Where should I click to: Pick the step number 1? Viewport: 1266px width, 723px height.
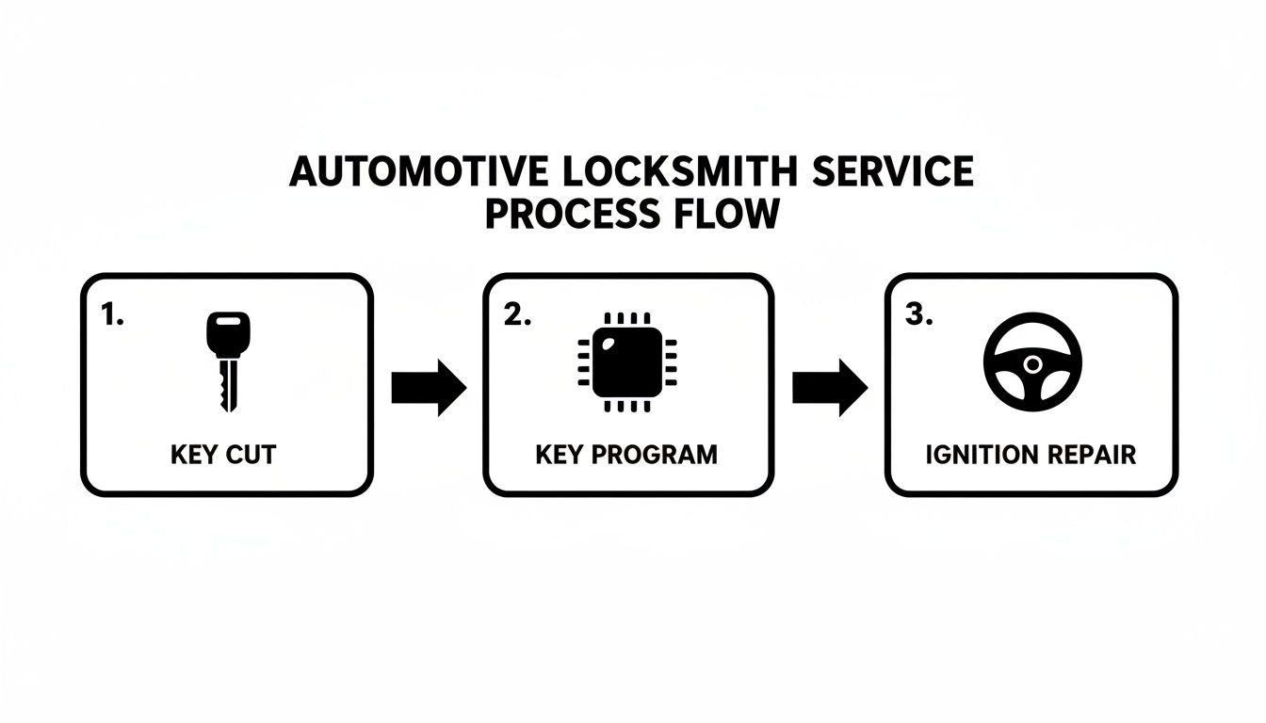[112, 315]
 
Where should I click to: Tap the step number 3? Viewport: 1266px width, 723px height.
[918, 315]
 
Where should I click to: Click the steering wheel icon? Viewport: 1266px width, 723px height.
[1032, 362]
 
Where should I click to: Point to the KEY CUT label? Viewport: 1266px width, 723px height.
[224, 455]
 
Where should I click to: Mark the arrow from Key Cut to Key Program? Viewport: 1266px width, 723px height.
[429, 387]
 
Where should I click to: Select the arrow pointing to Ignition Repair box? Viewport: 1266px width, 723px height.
[829, 387]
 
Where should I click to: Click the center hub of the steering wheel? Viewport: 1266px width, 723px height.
[1033, 363]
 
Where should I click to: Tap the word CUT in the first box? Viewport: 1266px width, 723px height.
[252, 455]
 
